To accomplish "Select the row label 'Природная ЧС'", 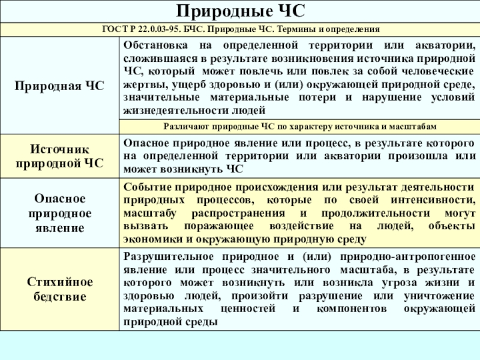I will tap(59, 86).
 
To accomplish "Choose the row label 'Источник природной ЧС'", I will tap(59, 155).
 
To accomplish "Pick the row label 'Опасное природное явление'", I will tap(59, 214).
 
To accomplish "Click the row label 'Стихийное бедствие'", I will tap(59, 289).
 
